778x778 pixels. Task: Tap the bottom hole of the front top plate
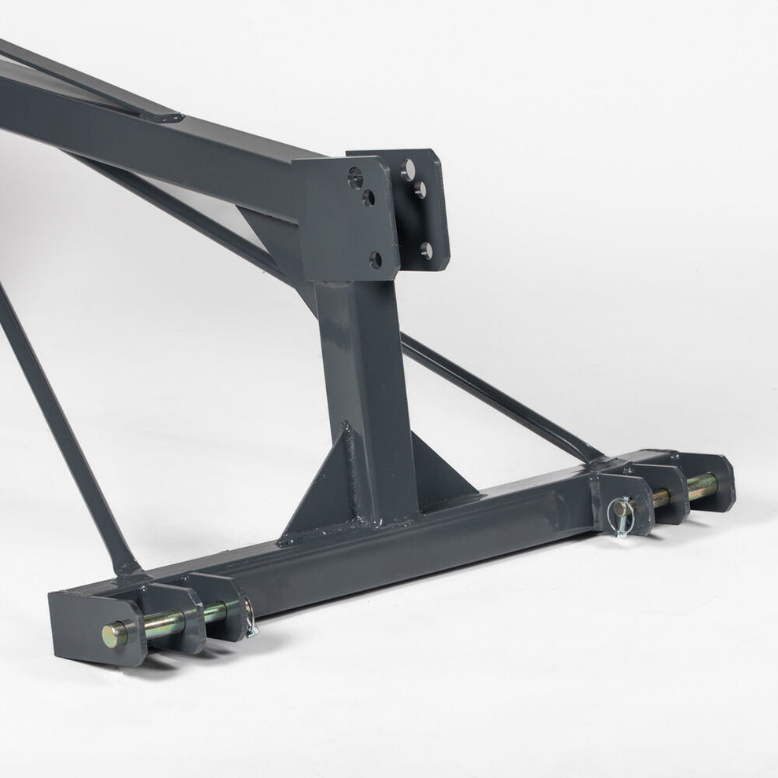[x=376, y=259]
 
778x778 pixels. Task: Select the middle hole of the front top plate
[x=368, y=197]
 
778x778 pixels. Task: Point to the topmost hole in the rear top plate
[x=408, y=167]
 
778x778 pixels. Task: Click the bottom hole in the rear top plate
[x=427, y=251]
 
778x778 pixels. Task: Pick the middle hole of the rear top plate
[x=420, y=189]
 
